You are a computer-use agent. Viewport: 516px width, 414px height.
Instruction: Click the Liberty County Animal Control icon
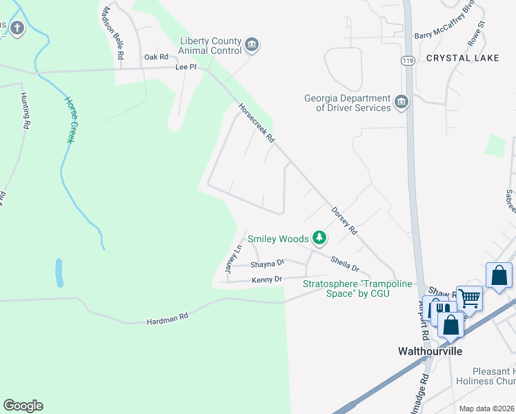252,46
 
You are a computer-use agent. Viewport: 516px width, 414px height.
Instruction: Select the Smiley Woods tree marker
319,238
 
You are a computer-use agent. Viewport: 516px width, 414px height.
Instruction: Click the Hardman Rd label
167,319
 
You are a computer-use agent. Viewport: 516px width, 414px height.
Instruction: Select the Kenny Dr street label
267,279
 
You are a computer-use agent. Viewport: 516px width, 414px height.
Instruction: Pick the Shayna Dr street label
267,263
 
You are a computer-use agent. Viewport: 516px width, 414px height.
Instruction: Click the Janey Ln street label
234,259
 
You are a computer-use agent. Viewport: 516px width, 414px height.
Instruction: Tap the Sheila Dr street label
345,263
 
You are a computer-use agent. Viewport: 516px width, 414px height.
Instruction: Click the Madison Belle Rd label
113,32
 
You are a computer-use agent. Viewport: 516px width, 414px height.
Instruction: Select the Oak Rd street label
156,57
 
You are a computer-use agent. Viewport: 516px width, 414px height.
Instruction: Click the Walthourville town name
430,351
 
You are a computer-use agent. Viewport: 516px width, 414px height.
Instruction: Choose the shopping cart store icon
469,299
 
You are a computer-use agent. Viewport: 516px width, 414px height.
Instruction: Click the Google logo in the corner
23,406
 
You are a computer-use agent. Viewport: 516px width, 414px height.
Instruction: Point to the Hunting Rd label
26,110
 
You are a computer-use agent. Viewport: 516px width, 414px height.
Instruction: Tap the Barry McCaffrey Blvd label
444,35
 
